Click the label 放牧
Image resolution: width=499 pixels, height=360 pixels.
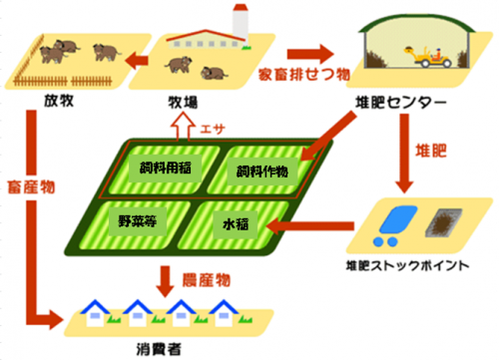59,101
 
